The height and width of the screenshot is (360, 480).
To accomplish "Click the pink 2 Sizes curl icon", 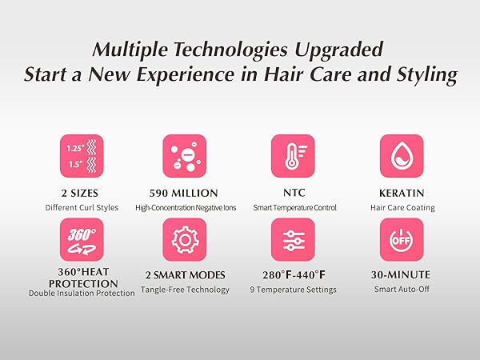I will [x=81, y=155].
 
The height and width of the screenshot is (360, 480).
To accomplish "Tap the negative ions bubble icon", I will [x=185, y=155].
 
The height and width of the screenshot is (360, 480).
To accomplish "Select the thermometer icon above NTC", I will [x=292, y=155].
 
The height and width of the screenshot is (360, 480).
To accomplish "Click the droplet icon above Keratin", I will [x=401, y=155].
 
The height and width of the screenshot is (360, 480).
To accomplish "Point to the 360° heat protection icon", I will [x=81, y=239].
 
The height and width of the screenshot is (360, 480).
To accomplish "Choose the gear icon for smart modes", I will [x=185, y=239].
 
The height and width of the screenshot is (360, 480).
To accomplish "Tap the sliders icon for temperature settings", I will [x=292, y=239].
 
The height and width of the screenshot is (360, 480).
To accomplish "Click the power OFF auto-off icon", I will [x=401, y=239].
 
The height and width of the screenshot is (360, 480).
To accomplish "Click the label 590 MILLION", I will [x=185, y=193].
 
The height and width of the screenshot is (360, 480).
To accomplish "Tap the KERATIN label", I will [x=402, y=193].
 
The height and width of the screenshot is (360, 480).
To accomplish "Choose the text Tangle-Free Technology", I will [x=185, y=290].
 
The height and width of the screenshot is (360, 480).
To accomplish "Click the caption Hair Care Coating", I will [x=402, y=208].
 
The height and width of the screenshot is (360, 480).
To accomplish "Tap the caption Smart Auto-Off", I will [x=402, y=290].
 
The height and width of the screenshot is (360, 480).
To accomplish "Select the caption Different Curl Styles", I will [x=81, y=208].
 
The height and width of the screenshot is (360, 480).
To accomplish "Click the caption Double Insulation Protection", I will [x=81, y=294].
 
